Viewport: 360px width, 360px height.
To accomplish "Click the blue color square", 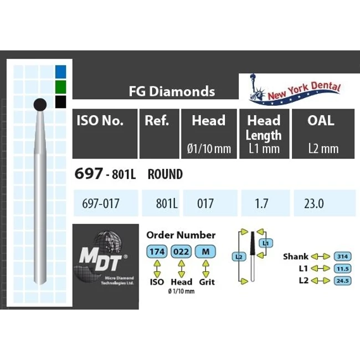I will click(x=61, y=71).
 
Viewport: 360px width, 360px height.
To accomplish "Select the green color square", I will click(x=61, y=86).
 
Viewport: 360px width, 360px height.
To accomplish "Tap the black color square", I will click(x=61, y=102).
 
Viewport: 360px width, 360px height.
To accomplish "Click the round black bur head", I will click(x=40, y=104).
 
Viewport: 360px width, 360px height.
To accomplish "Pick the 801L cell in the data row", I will click(x=166, y=203).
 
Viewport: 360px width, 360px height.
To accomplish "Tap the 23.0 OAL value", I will click(x=313, y=203).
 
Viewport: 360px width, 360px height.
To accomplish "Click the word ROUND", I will click(x=165, y=174).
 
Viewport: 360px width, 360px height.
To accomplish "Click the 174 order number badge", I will click(x=157, y=251).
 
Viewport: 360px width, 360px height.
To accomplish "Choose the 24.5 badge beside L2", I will click(x=342, y=280).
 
